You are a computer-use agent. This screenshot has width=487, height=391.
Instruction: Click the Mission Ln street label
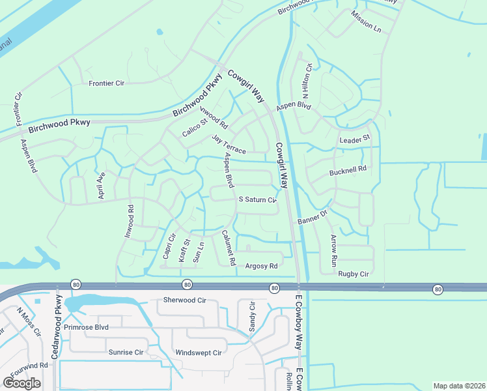click(365, 22)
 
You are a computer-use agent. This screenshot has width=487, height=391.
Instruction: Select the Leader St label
click(354, 139)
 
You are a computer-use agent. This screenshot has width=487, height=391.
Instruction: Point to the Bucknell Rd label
click(348, 168)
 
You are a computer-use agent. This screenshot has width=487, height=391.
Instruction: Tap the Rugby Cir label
click(354, 274)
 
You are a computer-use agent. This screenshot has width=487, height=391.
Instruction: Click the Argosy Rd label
click(261, 266)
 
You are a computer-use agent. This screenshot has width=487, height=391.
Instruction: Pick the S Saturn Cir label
click(258, 199)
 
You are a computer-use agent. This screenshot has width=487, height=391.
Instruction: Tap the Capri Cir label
click(169, 246)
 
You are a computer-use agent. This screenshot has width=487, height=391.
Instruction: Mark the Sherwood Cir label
click(184, 300)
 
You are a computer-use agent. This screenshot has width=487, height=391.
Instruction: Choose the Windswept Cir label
click(199, 353)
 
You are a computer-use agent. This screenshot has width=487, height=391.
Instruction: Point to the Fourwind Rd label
click(25, 365)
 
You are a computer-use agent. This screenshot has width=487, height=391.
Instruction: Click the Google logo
click(22, 383)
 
